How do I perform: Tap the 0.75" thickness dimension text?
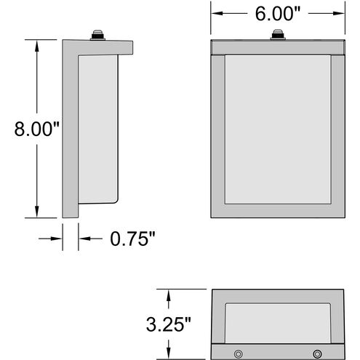pos(133,238)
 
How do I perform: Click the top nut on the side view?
pos(97,34)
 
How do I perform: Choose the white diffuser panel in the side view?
pos(98,127)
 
